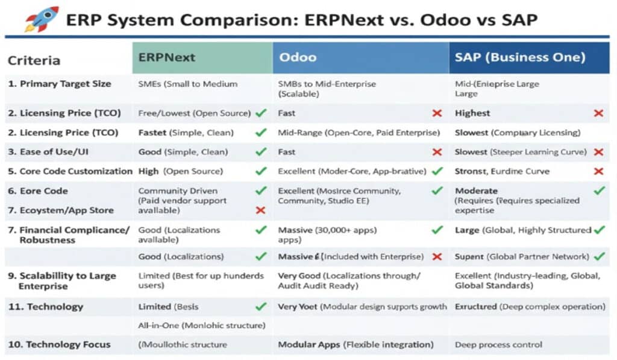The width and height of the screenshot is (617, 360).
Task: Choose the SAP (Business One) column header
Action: coord(520,58)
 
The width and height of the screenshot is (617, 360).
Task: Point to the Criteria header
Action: coord(34,60)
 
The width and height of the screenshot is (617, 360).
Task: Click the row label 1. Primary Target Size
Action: coord(60,84)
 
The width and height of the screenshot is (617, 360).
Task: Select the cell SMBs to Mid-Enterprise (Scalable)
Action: coord(327,89)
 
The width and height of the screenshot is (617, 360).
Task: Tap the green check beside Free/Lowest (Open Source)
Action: coord(261,113)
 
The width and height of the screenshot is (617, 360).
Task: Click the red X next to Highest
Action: coord(598,113)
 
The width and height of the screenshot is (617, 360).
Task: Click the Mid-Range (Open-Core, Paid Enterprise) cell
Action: coord(359,132)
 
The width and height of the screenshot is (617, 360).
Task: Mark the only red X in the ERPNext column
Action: coord(261,210)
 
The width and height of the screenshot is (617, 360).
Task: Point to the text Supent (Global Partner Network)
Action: coord(522,256)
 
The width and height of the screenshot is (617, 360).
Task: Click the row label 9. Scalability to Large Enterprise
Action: coord(61,280)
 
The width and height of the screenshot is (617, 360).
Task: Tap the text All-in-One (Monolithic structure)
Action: coord(202,326)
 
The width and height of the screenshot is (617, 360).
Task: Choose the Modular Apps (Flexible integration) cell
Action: coord(355,344)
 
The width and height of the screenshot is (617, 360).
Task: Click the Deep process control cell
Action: coord(498,344)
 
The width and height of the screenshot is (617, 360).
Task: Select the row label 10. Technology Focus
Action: coord(59,344)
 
